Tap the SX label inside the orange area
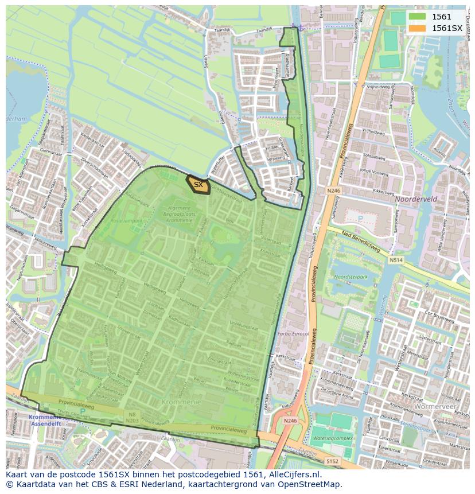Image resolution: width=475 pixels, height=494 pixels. click(198, 185)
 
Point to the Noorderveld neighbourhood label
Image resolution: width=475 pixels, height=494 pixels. click(415, 199)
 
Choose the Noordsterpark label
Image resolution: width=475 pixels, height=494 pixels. click(351, 277)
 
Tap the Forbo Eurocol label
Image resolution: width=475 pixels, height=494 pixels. click(293, 333)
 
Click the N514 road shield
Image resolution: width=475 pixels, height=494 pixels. click(395, 260)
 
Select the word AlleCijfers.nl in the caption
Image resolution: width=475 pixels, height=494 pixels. click(294, 475)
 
